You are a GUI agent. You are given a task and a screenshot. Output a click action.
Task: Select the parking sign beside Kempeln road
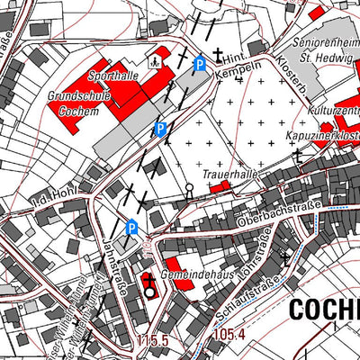click(x=200, y=64)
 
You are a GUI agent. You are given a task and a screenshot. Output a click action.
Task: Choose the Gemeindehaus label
click(x=186, y=272)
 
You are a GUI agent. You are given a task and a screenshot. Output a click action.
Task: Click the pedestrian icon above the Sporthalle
click(x=155, y=61)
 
